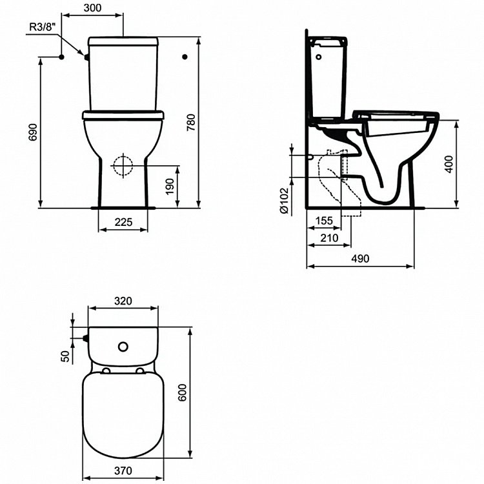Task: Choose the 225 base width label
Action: coord(123,221)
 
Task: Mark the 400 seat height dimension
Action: coord(467,164)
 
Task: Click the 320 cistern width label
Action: coord(123,301)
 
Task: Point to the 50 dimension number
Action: coord(65,356)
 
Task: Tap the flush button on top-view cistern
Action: coord(122,347)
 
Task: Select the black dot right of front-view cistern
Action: coord(185,57)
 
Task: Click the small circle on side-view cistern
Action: coord(318,56)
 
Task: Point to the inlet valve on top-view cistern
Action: coord(85,337)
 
